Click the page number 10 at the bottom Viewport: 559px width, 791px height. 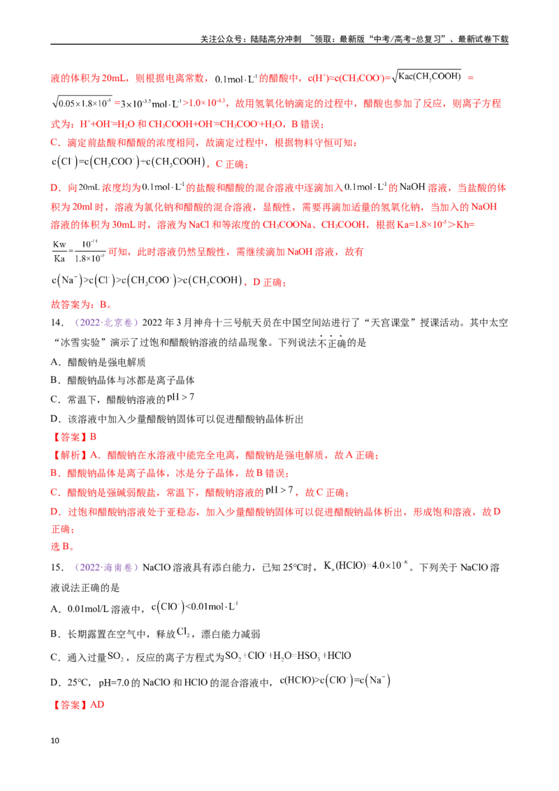tap(55, 741)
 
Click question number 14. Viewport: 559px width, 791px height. tap(57, 323)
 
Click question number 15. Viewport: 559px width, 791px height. tap(57, 567)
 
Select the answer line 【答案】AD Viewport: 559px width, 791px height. tap(78, 705)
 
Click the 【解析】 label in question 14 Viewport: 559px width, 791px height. tap(70, 455)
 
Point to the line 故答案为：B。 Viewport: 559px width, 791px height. tap(81, 305)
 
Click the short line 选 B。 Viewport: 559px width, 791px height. tap(63, 546)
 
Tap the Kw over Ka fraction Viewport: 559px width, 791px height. tap(78, 252)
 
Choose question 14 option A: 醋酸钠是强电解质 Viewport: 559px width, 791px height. tap(99, 362)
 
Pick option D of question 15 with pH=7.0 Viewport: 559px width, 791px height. tap(221, 681)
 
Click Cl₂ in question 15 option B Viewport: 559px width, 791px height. tap(183, 632)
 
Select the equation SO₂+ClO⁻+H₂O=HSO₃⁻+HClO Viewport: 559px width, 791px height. tap(288, 656)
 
